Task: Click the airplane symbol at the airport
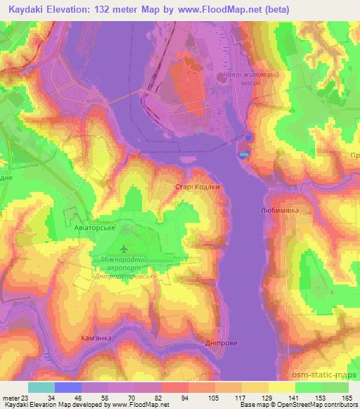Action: coord(124,249)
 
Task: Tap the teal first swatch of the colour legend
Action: coord(41,387)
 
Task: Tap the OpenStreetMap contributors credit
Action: coord(316,404)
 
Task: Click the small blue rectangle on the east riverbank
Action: coord(244,155)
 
